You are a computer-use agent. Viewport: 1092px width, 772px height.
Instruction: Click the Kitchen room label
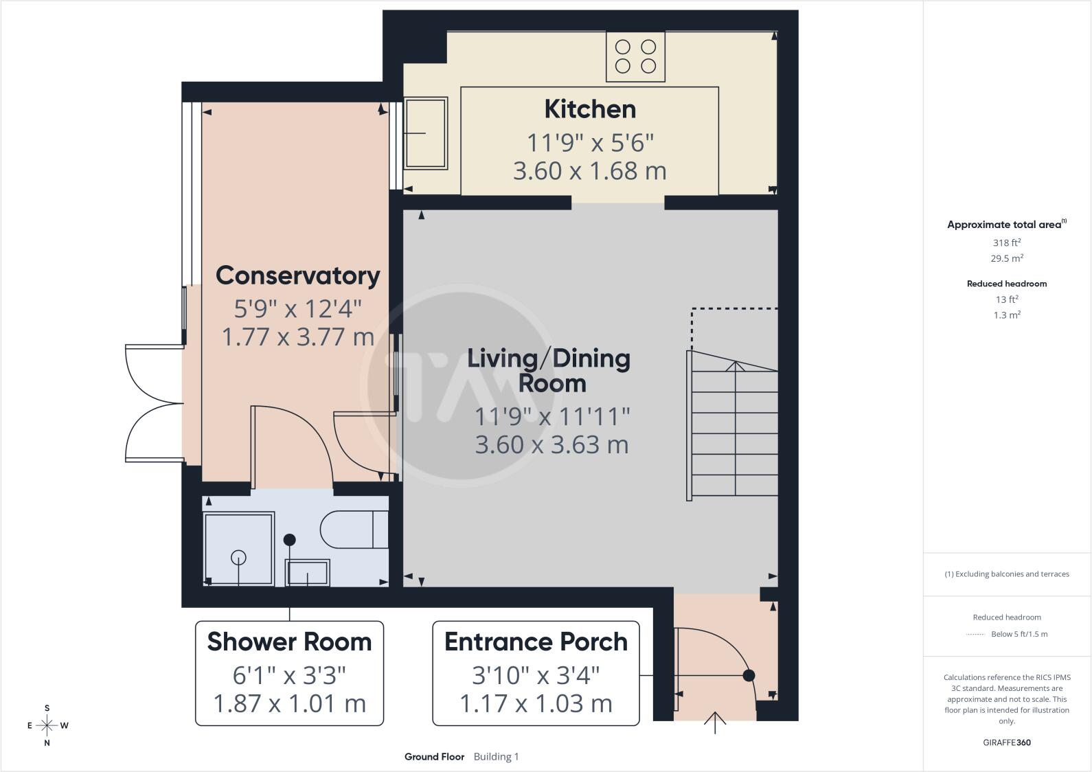coord(590,109)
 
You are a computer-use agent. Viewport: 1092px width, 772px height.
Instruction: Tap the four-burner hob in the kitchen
coord(636,56)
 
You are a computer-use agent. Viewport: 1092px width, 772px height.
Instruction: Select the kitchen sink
coord(426,133)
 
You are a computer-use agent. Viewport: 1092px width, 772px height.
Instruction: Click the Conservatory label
coord(298,275)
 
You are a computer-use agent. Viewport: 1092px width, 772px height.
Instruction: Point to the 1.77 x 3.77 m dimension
coord(298,337)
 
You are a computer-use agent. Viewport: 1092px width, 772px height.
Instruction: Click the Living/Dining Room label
coord(549,370)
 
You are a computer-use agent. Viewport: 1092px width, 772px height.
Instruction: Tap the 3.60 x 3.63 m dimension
coord(552,445)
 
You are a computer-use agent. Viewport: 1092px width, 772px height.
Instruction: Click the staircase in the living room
coord(732,425)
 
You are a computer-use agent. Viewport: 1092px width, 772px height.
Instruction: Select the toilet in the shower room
coord(354,529)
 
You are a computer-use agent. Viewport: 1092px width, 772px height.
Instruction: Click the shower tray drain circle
coord(238,558)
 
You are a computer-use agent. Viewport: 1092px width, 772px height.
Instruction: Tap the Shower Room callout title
coord(290,642)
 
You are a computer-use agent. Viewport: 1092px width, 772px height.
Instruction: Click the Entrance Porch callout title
coord(536,642)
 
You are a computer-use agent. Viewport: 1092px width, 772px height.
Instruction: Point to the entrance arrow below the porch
coord(715,723)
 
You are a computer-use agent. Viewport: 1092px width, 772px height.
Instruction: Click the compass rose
coord(47,725)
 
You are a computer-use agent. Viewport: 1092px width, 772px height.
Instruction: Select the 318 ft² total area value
coord(1007,242)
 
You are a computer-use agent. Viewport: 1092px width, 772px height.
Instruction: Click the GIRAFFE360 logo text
coord(1007,742)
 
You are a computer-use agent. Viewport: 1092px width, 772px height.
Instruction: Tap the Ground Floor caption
coord(434,756)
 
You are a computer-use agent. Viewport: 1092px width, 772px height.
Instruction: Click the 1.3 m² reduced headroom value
coord(1007,315)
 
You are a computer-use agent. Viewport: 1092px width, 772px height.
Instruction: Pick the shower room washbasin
coord(307,572)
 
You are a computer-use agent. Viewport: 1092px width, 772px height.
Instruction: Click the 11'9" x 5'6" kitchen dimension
coord(590,144)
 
